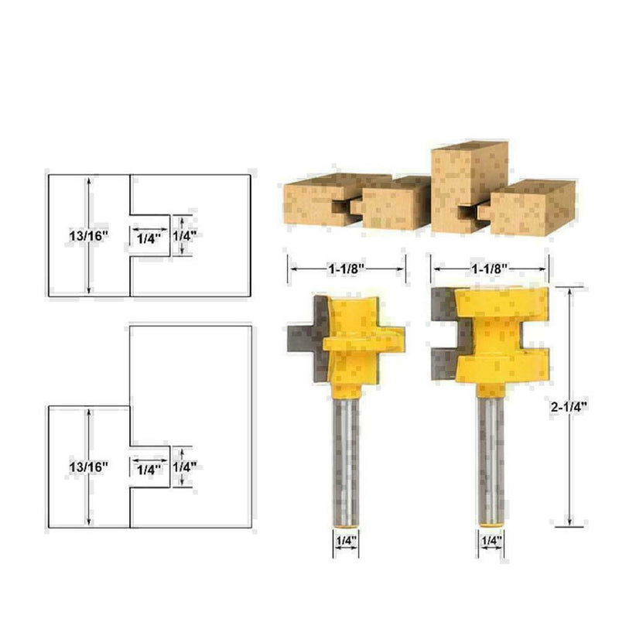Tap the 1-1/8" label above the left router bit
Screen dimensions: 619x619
346,270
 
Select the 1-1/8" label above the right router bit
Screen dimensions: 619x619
490,270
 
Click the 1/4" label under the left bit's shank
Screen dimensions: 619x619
346,540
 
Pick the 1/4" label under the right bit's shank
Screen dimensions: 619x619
490,540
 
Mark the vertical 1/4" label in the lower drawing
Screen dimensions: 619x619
184,467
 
